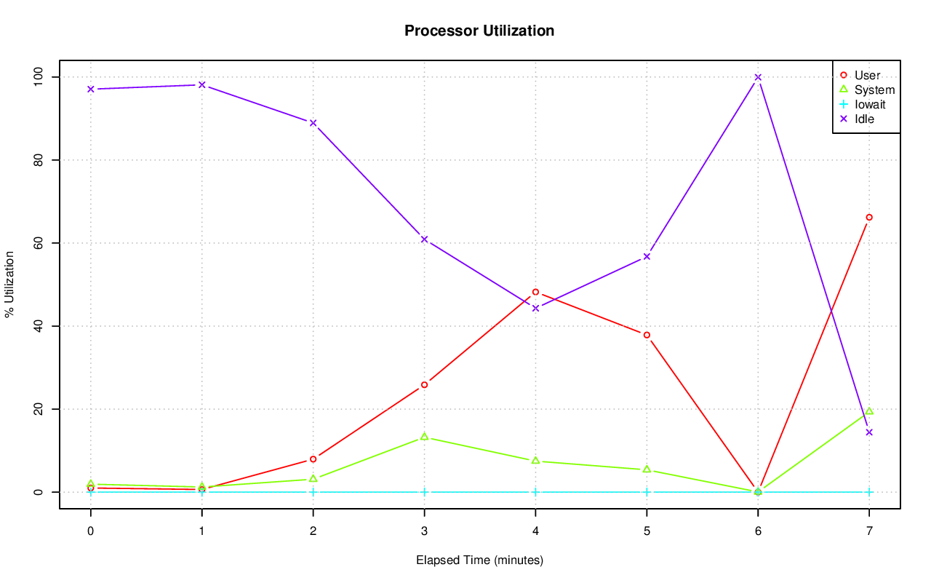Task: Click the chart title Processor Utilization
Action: click(x=479, y=31)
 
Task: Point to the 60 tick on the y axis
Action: click(x=38, y=243)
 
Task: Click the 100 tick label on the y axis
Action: click(x=38, y=76)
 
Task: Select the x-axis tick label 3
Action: click(x=424, y=531)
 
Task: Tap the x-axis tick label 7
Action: click(x=869, y=531)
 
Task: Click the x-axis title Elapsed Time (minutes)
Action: click(x=479, y=560)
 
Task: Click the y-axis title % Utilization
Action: click(x=10, y=285)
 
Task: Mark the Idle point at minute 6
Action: click(x=758, y=77)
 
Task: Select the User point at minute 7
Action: click(x=869, y=217)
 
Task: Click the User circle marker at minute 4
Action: click(x=535, y=292)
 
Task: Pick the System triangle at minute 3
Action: click(x=424, y=437)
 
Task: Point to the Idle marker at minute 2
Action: click(x=313, y=123)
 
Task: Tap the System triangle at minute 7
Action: click(x=869, y=411)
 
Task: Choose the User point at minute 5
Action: click(x=647, y=335)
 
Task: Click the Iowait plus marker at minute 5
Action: click(x=647, y=492)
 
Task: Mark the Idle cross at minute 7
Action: click(x=869, y=432)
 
